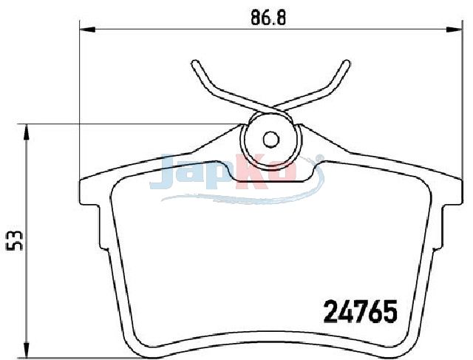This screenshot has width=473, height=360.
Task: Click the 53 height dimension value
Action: click(x=14, y=240)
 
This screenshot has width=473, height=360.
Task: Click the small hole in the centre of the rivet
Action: click(x=270, y=139)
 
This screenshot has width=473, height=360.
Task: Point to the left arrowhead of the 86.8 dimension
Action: click(x=87, y=30)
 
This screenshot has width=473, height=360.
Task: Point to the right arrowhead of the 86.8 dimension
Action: click(x=455, y=30)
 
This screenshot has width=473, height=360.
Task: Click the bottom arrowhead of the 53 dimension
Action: click(x=27, y=350)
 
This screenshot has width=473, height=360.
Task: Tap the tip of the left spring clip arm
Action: click(x=195, y=64)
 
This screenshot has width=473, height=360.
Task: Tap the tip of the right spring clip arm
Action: click(x=347, y=64)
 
